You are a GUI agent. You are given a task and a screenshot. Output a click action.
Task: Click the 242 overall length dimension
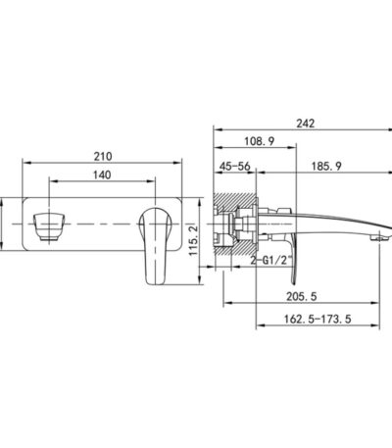(306, 124)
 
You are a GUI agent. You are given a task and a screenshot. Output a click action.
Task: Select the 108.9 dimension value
(260, 141)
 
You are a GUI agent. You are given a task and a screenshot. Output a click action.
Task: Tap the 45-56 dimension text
(235, 167)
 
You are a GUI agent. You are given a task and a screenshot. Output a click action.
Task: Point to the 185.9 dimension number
(326, 167)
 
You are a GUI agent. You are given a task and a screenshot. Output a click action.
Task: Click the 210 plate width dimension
(103, 157)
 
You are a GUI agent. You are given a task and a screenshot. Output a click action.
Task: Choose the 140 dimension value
(102, 174)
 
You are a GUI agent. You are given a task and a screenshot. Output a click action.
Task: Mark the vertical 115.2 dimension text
(194, 240)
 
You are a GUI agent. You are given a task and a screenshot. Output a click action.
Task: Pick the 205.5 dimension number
(302, 297)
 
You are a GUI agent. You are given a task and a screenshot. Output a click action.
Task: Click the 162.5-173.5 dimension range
(318, 319)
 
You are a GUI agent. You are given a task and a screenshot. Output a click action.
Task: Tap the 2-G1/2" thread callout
(270, 261)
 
